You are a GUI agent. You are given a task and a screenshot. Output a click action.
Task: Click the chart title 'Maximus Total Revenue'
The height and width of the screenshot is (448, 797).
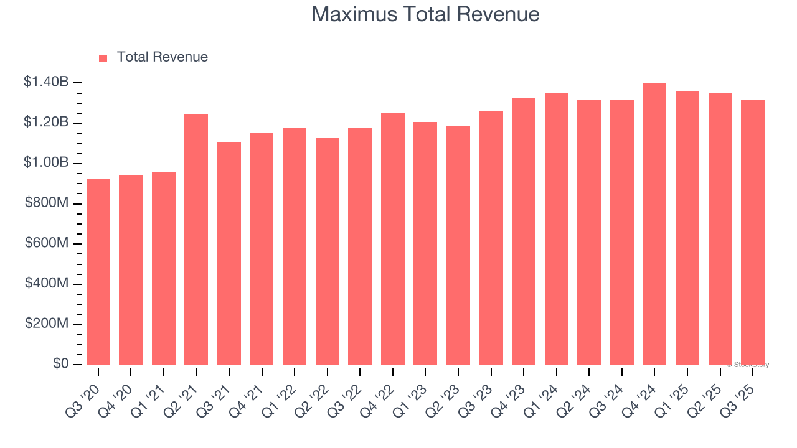(x=425, y=14)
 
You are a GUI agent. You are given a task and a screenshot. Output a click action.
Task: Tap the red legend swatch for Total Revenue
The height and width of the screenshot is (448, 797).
(x=103, y=58)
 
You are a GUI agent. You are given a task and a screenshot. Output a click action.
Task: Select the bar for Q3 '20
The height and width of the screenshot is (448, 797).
(x=98, y=272)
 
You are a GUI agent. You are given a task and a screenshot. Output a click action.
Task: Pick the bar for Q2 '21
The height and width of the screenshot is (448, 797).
(x=196, y=240)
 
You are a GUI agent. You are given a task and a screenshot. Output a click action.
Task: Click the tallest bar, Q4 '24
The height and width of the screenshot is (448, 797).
(x=654, y=224)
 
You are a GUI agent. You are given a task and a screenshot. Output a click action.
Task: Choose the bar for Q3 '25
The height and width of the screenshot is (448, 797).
(x=753, y=232)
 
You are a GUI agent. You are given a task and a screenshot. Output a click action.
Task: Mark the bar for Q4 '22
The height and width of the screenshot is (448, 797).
(x=393, y=239)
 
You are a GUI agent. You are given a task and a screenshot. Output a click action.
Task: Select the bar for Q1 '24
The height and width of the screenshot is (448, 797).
(x=557, y=229)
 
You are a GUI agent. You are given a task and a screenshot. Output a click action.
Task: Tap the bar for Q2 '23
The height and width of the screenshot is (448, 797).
(x=458, y=245)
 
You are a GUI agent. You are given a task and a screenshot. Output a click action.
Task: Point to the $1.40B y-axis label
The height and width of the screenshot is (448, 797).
(x=46, y=82)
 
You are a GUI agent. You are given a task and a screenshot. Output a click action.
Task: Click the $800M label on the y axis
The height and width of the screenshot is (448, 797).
(x=47, y=203)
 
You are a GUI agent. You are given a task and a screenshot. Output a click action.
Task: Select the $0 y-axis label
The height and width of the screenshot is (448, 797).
(x=60, y=364)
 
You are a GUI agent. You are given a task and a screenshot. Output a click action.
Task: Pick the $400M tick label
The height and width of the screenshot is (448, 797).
(x=47, y=284)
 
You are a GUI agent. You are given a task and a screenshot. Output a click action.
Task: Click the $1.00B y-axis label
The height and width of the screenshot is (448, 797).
(x=46, y=163)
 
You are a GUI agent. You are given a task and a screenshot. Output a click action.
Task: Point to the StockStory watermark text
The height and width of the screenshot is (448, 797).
(x=748, y=365)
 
